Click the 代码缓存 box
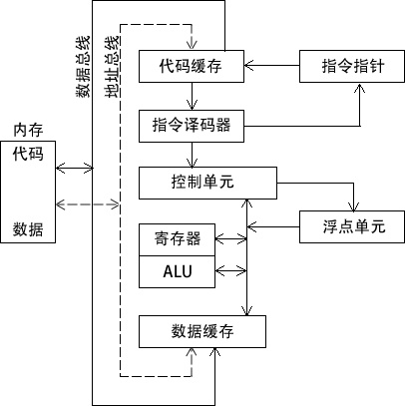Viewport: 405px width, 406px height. pos(190,68)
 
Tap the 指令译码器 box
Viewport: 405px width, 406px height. pos(190,126)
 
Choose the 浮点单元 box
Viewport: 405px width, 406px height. pos(351,225)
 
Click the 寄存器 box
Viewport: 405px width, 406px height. pos(177,239)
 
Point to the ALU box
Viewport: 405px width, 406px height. pos(177,271)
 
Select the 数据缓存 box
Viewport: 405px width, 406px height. pos(202,331)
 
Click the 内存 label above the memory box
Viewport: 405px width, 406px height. pos(27,131)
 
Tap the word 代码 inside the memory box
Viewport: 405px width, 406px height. pos(28,156)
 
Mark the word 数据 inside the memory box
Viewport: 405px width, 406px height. pos(28,229)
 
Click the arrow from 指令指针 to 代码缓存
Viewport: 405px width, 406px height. pos(272,68)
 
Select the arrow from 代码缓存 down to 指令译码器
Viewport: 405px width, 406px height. pos(193,98)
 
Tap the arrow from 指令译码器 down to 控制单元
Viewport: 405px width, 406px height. pos(193,155)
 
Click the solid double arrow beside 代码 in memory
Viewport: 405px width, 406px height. pos(74,167)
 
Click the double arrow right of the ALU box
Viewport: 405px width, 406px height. pos(230,270)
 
